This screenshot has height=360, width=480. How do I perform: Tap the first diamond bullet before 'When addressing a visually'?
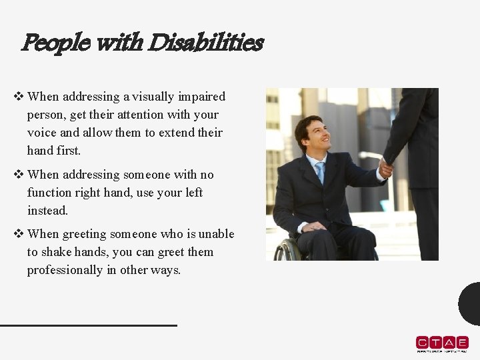pyautogui.click(x=19, y=97)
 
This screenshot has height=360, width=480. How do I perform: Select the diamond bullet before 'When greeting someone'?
pyautogui.click(x=19, y=234)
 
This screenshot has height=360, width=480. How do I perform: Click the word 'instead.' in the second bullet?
pyautogui.click(x=48, y=211)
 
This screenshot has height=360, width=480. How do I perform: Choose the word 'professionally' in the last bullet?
pyautogui.click(x=65, y=270)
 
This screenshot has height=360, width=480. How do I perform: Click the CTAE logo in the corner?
pyautogui.click(x=442, y=343)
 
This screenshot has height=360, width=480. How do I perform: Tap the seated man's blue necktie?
pyautogui.click(x=321, y=172)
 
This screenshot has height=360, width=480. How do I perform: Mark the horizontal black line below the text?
pyautogui.click(x=89, y=325)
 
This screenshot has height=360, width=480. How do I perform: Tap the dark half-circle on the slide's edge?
pyautogui.click(x=471, y=304)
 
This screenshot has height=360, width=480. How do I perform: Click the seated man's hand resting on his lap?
pyautogui.click(x=313, y=227)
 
